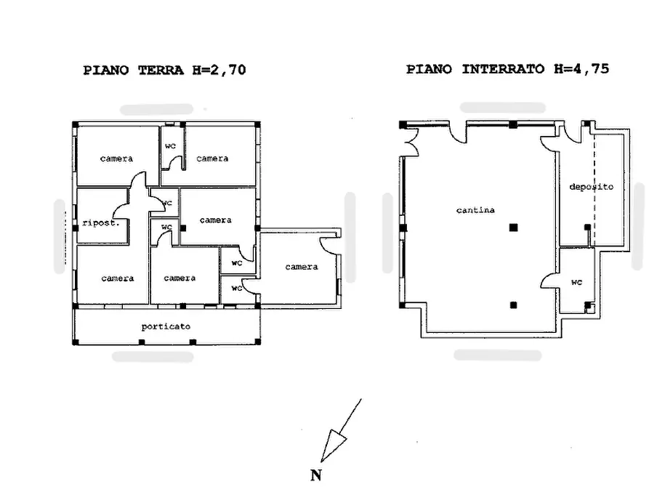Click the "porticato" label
(166, 327)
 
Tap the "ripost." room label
(101, 223)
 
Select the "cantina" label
(475, 210)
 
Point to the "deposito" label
(591, 187)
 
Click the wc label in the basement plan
(576, 283)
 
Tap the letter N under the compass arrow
(316, 475)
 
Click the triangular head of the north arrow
(333, 444)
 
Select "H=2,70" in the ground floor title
(219, 70)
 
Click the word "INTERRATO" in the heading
(502, 69)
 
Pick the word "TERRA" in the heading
(161, 70)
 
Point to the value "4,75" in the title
(591, 69)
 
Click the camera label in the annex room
(302, 267)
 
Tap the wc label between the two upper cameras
(171, 146)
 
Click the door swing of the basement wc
(549, 281)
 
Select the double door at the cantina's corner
(412, 142)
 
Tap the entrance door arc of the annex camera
(329, 246)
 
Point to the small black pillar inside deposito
(587, 228)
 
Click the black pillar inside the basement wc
(587, 305)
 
